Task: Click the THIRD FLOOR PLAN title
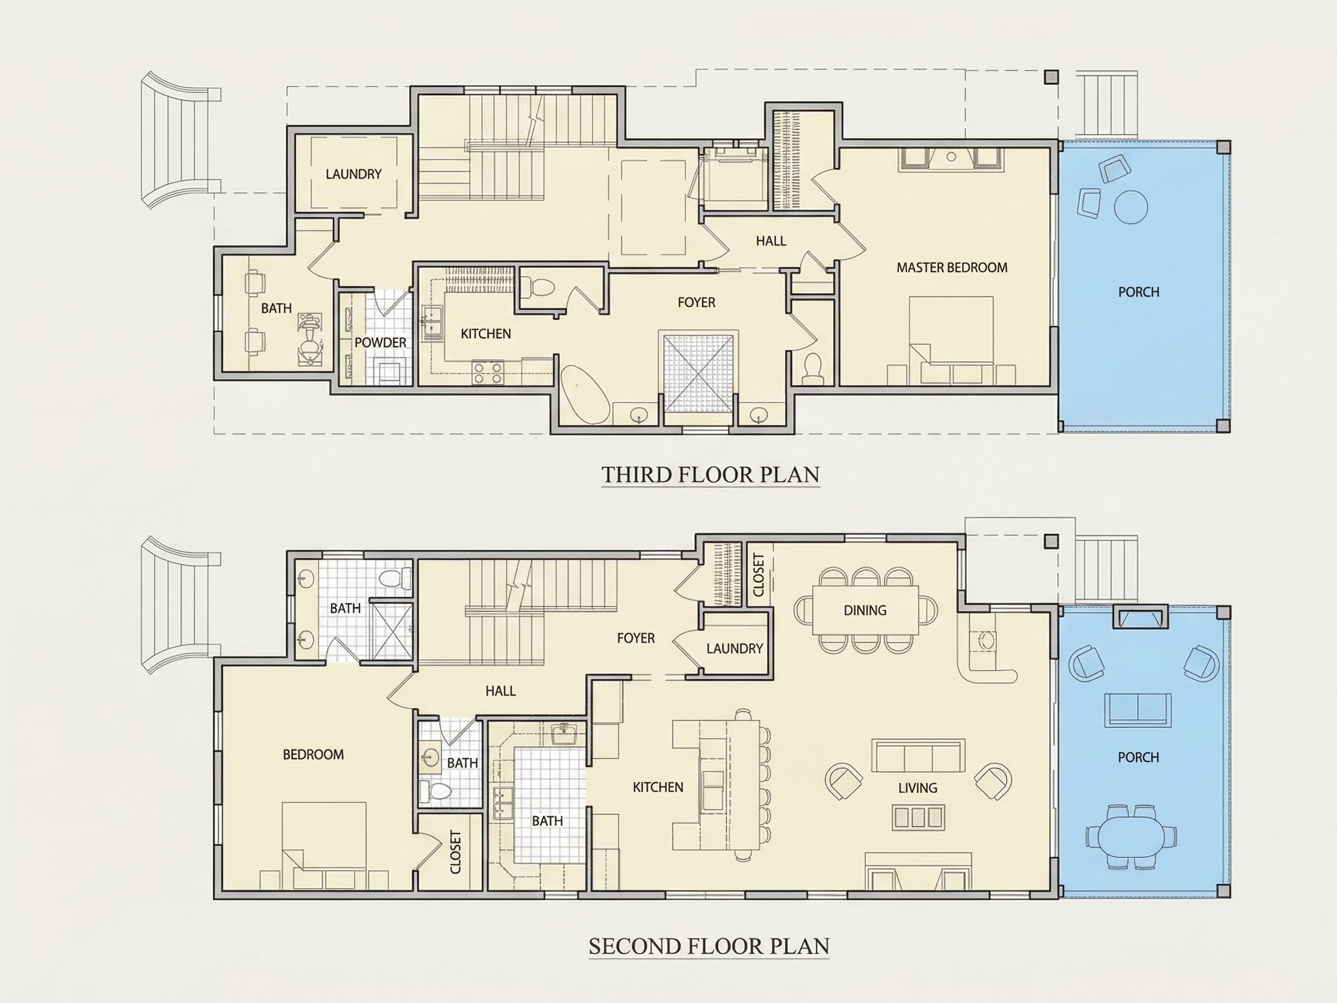pyautogui.click(x=710, y=475)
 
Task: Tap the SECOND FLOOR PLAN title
pyautogui.click(x=709, y=946)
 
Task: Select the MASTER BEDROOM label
pyautogui.click(x=952, y=267)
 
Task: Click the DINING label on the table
pyautogui.click(x=865, y=610)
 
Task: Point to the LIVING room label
pyautogui.click(x=917, y=788)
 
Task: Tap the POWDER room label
pyautogui.click(x=380, y=342)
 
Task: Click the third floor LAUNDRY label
pyautogui.click(x=353, y=174)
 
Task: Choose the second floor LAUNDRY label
pyautogui.click(x=735, y=648)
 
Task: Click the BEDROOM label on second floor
pyautogui.click(x=313, y=755)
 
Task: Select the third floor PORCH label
pyautogui.click(x=1139, y=292)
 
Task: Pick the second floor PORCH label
pyautogui.click(x=1139, y=757)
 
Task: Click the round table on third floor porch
pyautogui.click(x=1131, y=207)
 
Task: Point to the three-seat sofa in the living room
pyautogui.click(x=918, y=755)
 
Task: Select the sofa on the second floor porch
pyautogui.click(x=1138, y=709)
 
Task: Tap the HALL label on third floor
pyautogui.click(x=771, y=241)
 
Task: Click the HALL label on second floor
pyautogui.click(x=500, y=690)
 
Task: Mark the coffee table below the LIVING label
pyautogui.click(x=918, y=817)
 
